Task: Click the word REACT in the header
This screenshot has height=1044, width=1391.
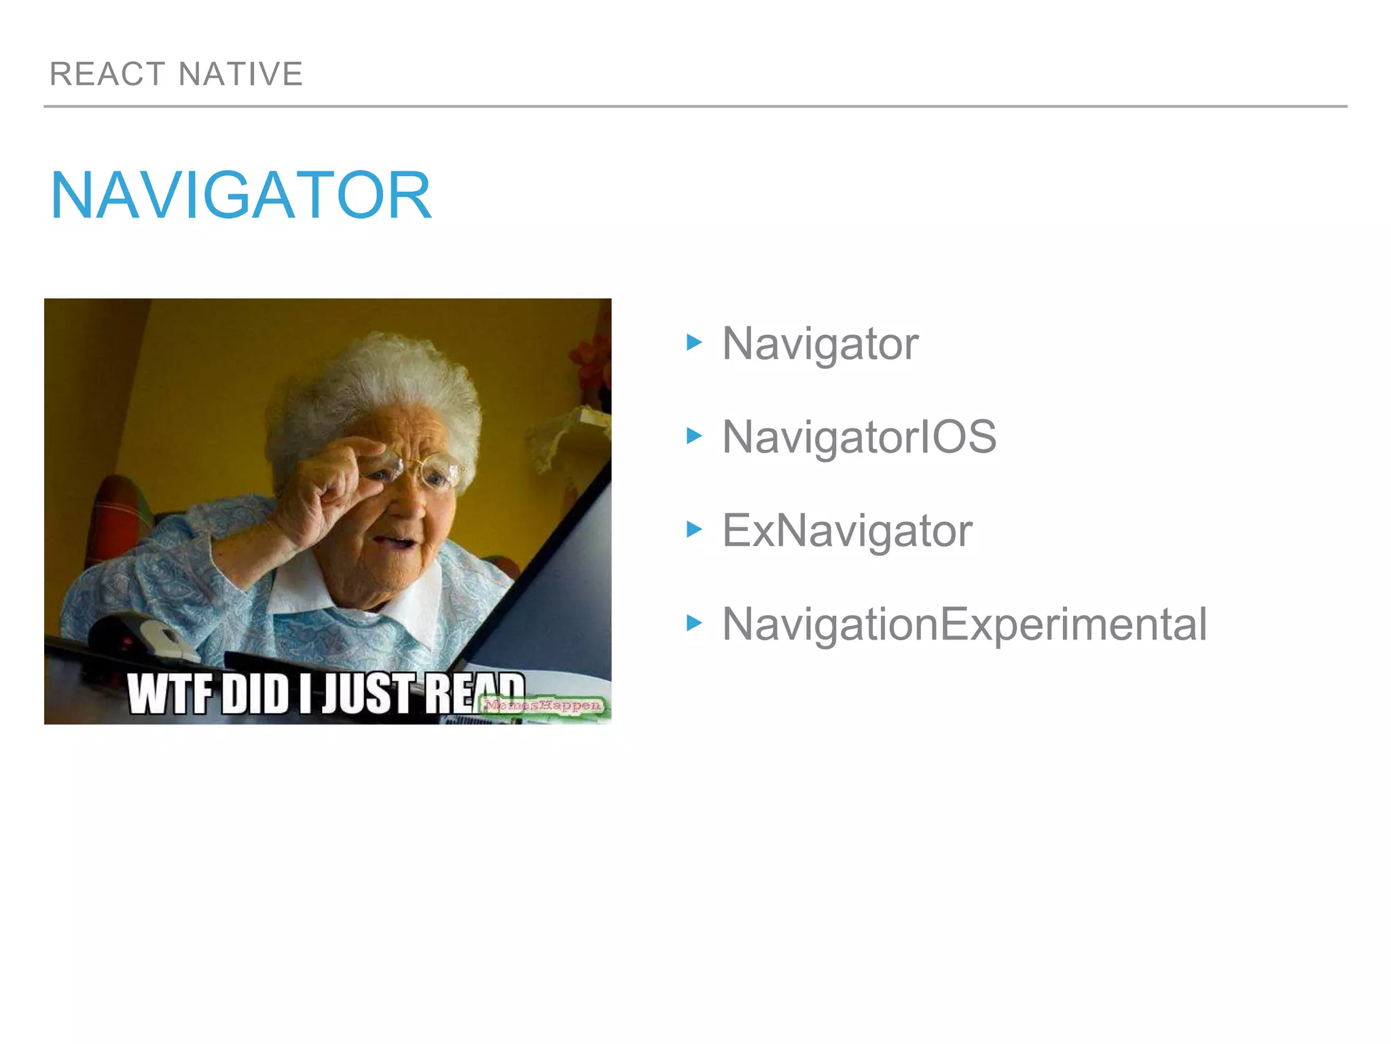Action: coord(107,74)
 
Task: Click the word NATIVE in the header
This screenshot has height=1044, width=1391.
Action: coord(240,74)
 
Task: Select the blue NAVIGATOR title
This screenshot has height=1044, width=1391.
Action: coord(241,196)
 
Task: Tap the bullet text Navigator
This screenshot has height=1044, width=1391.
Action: coord(820,344)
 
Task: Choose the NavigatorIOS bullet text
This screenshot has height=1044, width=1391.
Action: coord(859,437)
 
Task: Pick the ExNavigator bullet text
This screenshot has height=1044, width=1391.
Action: coord(847,531)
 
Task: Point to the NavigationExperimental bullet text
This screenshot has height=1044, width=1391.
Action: coord(964,624)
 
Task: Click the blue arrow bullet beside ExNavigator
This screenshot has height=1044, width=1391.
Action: coord(693,529)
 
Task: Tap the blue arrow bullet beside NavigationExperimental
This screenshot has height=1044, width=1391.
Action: coord(693,623)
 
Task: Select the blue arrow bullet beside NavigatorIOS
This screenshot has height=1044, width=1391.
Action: coord(693,435)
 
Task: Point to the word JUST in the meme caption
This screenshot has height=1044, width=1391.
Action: coord(367,693)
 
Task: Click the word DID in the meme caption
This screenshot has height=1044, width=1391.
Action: coord(255,695)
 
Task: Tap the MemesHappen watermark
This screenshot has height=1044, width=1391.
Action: coord(543,706)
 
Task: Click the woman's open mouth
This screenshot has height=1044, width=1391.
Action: coord(397,542)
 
